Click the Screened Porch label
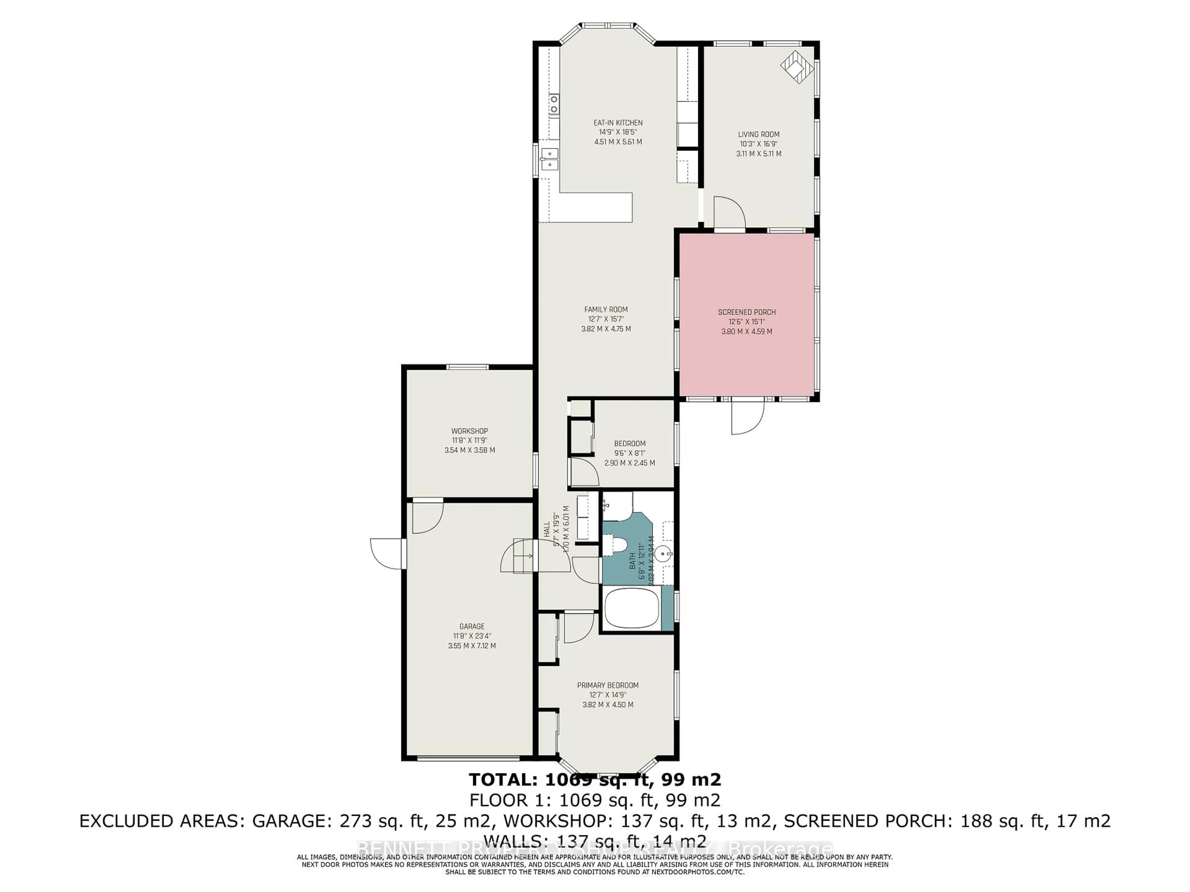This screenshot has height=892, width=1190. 747,312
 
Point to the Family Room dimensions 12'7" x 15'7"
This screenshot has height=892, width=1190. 606,319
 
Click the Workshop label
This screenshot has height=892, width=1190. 469,431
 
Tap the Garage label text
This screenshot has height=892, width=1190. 472,626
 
